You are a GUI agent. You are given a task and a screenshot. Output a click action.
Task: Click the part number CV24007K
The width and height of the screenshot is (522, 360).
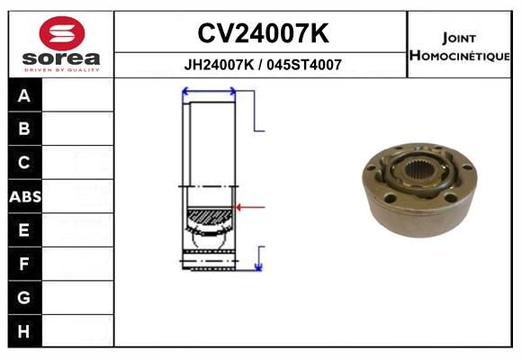[x=263, y=33]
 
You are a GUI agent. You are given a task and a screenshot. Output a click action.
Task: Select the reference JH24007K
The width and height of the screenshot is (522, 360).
[x=219, y=65]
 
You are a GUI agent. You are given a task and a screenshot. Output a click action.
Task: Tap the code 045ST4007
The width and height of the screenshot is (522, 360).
[x=304, y=65]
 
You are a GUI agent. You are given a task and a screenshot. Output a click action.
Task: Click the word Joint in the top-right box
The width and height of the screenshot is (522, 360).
[x=459, y=38]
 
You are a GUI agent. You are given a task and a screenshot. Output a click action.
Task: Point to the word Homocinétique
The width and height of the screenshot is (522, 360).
[x=459, y=55]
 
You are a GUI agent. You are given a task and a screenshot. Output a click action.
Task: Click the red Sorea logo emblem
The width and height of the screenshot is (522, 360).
[x=62, y=33]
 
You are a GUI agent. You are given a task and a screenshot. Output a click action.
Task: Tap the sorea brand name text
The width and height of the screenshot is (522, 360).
[x=61, y=58]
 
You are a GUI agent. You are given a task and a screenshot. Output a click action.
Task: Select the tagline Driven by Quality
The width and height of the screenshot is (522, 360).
[x=61, y=70]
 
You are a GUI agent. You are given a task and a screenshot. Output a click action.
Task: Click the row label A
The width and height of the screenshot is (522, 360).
[x=24, y=96]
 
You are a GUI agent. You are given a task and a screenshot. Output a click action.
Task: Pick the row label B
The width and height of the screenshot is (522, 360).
[x=24, y=129]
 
